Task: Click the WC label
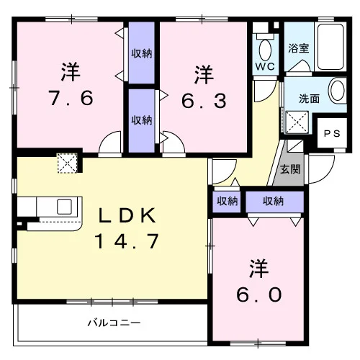[265, 66]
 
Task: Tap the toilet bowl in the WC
[265, 50]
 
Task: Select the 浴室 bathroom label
[298, 48]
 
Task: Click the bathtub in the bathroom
[332, 47]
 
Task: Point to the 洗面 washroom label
[310, 99]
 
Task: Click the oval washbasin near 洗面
[338, 91]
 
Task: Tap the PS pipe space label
[332, 133]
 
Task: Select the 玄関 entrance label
[290, 169]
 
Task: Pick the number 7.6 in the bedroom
[71, 98]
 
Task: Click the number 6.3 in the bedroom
[204, 101]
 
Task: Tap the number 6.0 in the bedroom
[259, 295]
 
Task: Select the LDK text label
[127, 215]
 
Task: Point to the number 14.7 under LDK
[127, 241]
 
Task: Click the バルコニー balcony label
[114, 323]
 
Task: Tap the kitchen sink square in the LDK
[64, 207]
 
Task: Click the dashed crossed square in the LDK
[68, 163]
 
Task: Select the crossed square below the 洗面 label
[297, 122]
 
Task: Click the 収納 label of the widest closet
[273, 201]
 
